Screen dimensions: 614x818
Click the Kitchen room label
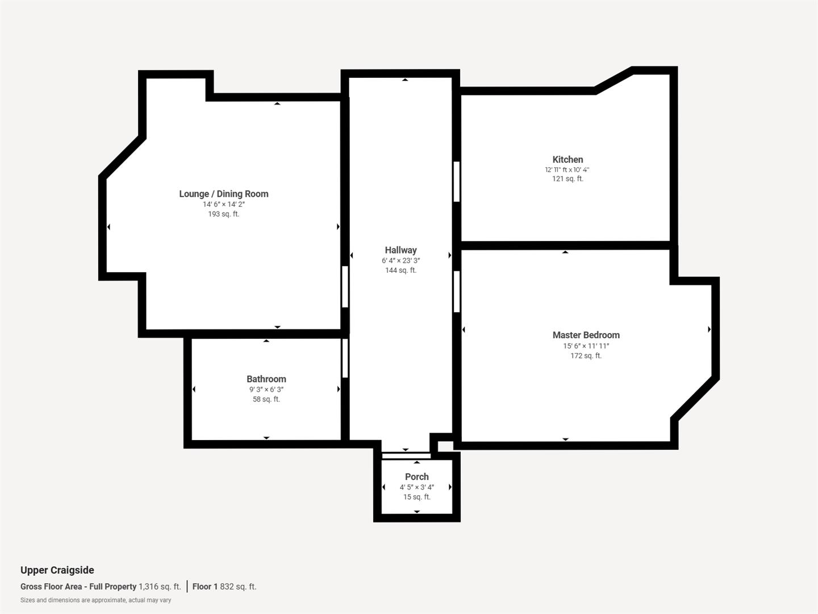coord(567,160)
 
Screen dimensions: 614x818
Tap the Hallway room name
coord(400,250)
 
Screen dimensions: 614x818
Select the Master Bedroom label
coord(586,335)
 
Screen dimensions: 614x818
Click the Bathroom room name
coord(266,379)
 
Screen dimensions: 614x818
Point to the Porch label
coord(416,477)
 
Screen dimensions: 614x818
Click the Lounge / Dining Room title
coord(223,194)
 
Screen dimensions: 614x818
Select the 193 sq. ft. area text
coord(223,214)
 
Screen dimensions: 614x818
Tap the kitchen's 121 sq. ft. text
coord(567,179)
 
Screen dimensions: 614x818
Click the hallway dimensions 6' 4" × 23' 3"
coord(400,261)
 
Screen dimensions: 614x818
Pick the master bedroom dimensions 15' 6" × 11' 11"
coord(586,346)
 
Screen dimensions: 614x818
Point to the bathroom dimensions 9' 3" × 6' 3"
coord(266,390)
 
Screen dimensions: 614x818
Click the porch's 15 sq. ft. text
coord(416,497)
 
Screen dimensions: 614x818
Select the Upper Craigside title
coord(57,570)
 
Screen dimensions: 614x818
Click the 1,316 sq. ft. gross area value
coord(160,587)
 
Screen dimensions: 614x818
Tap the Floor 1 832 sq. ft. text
coord(224,587)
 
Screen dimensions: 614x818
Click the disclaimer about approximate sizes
coord(95,600)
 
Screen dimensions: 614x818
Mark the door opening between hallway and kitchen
coord(457,181)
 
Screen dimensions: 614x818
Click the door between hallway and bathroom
coord(345,358)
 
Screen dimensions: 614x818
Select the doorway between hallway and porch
coord(406,455)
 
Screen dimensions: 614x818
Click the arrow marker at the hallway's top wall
coord(405,80)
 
